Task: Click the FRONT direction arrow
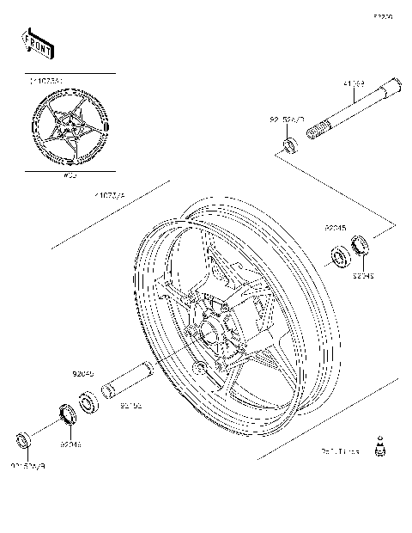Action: pos(37,43)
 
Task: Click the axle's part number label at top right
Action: pos(354,84)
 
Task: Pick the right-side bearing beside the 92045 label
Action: pos(341,256)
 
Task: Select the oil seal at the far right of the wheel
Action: pos(362,246)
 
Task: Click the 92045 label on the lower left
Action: pos(82,375)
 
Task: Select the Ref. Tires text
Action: pos(339,450)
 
